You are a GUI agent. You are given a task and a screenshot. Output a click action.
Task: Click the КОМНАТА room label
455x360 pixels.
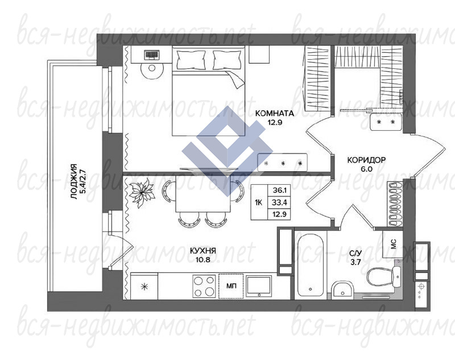[274, 113]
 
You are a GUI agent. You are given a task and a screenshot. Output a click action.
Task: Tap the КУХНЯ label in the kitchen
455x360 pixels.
[202, 251]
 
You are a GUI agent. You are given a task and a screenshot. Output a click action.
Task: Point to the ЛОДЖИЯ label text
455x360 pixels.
[75, 182]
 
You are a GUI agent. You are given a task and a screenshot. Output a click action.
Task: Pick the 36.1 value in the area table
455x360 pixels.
[279, 191]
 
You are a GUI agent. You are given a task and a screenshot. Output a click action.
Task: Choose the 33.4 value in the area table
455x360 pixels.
[279, 202]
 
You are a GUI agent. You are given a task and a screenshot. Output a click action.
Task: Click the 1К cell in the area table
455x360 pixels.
[259, 202]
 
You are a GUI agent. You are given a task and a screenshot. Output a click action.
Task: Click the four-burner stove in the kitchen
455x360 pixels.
[204, 285]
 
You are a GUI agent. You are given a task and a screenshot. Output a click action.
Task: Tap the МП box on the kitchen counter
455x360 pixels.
[231, 286]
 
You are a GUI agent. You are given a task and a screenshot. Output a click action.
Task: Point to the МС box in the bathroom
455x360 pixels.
[392, 244]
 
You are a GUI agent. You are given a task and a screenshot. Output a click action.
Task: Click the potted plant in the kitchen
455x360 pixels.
[142, 192]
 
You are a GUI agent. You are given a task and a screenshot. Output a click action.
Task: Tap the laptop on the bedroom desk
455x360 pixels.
[152, 55]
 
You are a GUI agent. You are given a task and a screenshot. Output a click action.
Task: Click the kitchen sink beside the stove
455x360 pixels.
[259, 286]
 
